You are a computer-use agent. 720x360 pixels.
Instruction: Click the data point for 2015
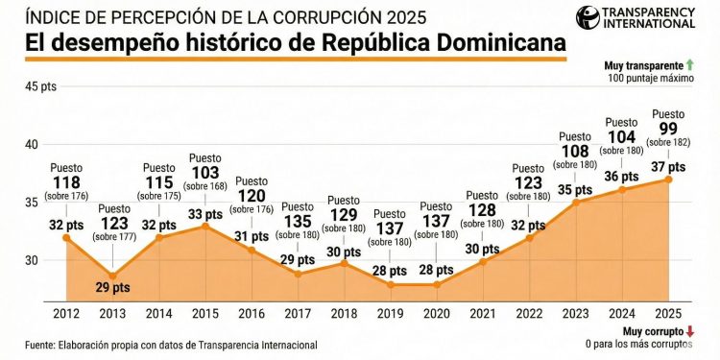205,226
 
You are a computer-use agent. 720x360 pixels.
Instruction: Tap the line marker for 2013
112,276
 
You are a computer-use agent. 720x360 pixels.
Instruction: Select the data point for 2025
669,180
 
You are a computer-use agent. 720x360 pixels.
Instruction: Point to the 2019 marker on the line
391,284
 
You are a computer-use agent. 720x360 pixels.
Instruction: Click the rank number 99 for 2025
668,129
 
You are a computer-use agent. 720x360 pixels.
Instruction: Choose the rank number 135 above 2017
298,223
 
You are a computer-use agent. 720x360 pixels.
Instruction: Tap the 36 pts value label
622,177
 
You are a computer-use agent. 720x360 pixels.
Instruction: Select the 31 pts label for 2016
252,237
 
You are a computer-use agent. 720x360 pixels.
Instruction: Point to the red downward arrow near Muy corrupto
690,331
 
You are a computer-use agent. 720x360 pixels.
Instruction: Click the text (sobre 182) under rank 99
668,144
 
